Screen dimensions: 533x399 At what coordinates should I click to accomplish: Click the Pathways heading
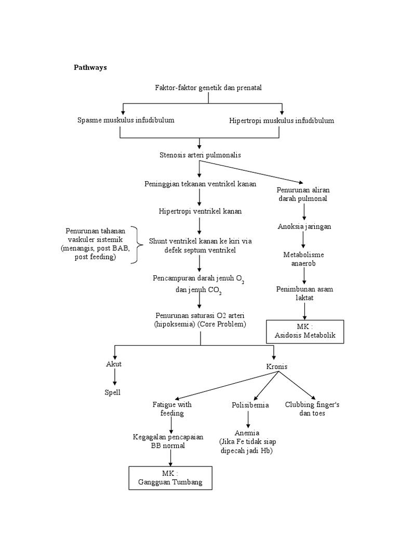click(90, 67)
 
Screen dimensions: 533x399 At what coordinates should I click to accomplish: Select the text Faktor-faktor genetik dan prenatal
click(208, 87)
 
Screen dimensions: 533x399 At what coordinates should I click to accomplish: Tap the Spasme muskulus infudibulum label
click(125, 120)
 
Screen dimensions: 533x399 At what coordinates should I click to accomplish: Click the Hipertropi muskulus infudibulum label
click(282, 121)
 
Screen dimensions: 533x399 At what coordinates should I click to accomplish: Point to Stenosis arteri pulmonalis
click(200, 155)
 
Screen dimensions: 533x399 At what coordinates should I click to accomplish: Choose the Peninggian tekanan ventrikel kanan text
click(200, 184)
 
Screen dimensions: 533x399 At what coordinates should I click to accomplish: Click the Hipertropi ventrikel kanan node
click(200, 212)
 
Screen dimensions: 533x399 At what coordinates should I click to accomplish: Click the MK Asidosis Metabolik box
click(305, 331)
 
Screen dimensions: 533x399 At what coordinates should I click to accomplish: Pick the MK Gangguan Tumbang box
click(170, 478)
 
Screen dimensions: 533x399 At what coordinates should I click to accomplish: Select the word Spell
click(113, 392)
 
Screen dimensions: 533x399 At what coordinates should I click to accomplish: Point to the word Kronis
click(276, 367)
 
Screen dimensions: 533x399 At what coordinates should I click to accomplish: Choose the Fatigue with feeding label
click(171, 409)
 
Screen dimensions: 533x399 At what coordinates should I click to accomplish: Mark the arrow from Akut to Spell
click(114, 377)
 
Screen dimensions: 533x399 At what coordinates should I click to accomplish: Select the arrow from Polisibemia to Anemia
click(248, 419)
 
